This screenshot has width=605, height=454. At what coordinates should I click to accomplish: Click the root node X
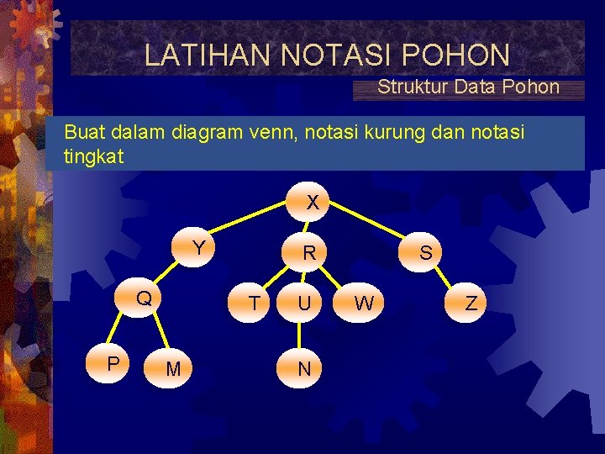(312, 203)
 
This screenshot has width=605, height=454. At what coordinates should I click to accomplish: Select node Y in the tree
(198, 248)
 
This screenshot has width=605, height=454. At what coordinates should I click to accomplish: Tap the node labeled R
(309, 252)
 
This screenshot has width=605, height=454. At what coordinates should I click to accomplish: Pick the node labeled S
(426, 252)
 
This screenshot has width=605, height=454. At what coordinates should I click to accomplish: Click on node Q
(145, 298)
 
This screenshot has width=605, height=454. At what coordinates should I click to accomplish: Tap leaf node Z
(471, 304)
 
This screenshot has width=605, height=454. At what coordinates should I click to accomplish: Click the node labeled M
(172, 369)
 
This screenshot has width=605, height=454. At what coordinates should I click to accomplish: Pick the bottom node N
(304, 369)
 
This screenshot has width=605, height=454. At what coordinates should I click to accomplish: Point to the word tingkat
(93, 156)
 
